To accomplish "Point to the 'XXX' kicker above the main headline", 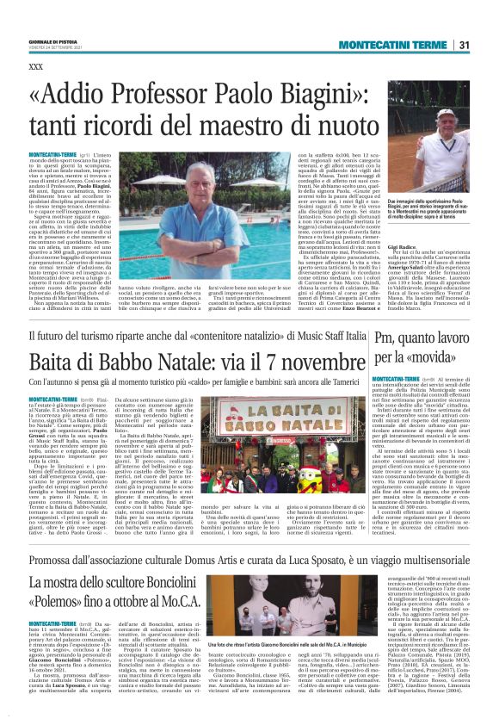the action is (35, 66).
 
